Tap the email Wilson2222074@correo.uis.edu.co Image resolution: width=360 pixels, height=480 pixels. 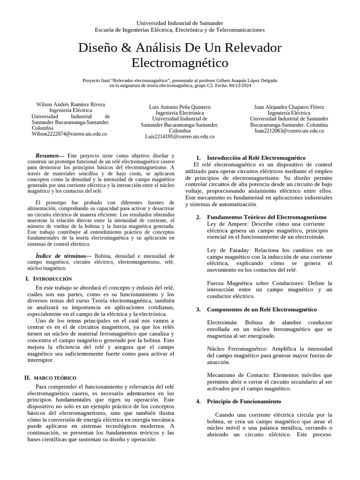pos(69,134)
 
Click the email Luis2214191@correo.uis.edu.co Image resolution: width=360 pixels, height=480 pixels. pos(180,136)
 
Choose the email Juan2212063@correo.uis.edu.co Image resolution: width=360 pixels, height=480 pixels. pos(289,131)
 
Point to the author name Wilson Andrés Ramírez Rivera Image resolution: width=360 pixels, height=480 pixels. pos(71,104)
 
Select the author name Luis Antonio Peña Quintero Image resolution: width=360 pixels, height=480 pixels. pos(180,107)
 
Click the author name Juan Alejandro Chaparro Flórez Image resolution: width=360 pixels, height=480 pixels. pos(289,107)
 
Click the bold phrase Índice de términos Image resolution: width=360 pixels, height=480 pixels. pos(60,256)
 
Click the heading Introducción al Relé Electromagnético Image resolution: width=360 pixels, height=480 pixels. pos(256,158)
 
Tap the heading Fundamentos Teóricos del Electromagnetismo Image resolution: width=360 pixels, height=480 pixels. pos(266,217)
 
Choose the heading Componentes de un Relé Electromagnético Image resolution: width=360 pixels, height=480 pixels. pos(262,309)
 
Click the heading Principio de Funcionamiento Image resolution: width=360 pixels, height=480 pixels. pos(244,401)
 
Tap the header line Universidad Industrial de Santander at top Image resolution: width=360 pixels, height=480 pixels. pos(180,23)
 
